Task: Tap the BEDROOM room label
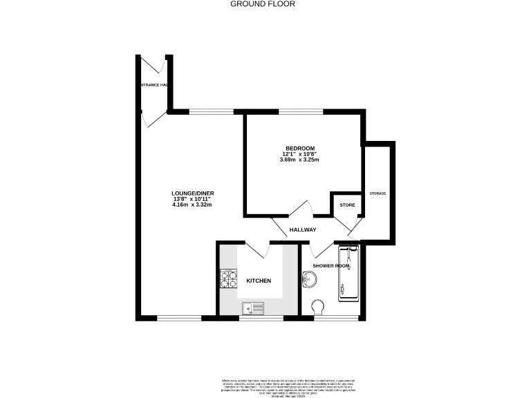300,148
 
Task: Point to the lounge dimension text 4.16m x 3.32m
192,205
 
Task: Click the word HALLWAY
303,230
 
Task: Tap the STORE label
346,205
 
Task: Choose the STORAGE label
378,193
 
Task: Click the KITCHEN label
259,281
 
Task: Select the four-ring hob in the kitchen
228,279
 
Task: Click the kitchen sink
253,308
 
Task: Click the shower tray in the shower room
348,274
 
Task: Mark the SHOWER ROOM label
331,266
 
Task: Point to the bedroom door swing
301,207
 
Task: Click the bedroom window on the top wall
301,112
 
